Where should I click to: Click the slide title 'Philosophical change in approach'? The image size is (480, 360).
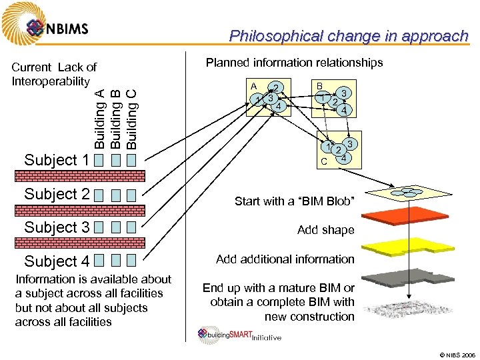tap(349, 36)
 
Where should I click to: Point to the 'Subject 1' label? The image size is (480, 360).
tap(57, 160)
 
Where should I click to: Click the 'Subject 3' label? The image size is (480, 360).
tap(57, 227)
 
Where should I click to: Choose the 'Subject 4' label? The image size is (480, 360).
tap(57, 261)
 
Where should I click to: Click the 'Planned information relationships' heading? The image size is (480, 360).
tap(294, 63)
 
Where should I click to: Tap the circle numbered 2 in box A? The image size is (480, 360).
tap(275, 87)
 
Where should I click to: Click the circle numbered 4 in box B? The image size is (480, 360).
tap(344, 110)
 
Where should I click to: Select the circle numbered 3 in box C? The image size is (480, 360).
tap(351, 143)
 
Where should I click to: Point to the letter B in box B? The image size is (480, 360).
tap(319, 87)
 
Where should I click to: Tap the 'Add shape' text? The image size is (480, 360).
tap(326, 230)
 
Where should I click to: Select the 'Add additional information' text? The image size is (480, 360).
tap(285, 259)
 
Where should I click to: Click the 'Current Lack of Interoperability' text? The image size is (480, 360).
tap(54, 74)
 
